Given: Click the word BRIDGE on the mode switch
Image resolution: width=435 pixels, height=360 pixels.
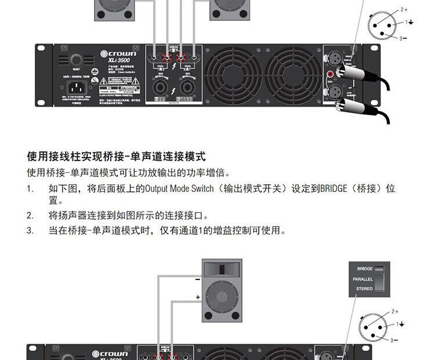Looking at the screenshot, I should (365, 269).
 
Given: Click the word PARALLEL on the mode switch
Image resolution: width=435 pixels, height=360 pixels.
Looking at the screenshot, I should (362, 279).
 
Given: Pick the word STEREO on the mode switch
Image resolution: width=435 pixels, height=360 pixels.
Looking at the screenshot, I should (364, 288).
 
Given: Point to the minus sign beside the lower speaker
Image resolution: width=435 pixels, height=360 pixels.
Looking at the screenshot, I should (197, 279).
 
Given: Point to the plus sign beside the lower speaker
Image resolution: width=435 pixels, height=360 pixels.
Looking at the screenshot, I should (197, 297).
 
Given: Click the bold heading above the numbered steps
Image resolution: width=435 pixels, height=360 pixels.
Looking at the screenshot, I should (117, 157).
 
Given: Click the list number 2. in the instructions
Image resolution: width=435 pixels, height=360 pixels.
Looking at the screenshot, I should (30, 216).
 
